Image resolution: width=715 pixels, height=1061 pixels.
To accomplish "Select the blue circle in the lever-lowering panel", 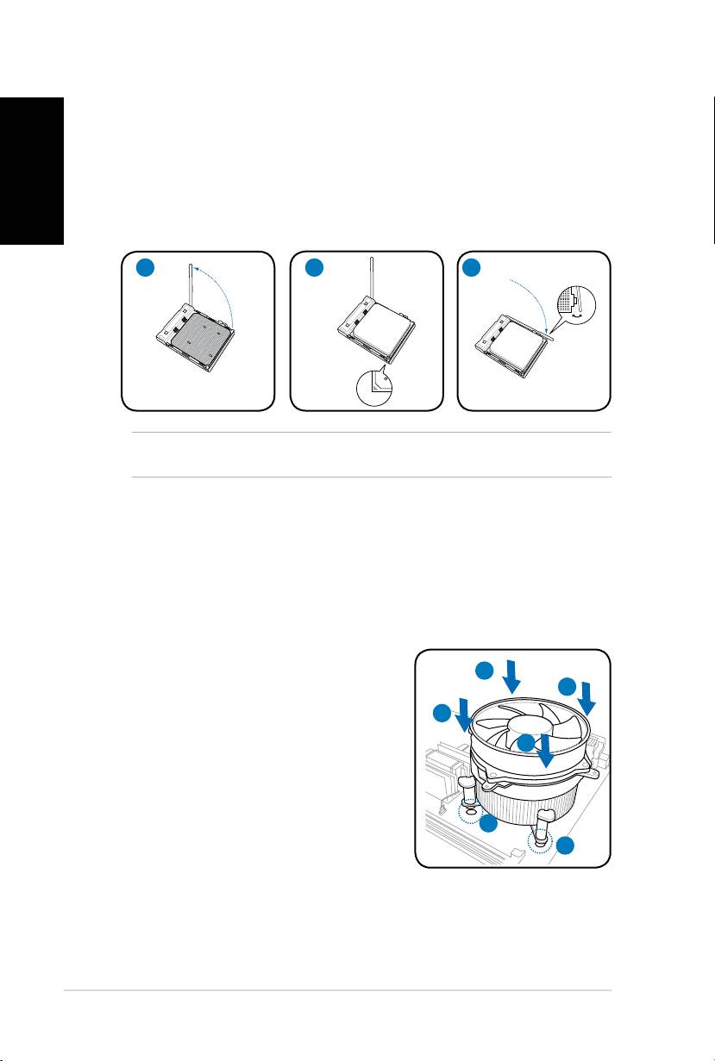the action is click(472, 267).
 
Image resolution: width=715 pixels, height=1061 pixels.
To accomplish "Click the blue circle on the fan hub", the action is click(527, 743).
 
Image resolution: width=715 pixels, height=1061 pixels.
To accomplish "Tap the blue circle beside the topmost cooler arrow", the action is click(486, 670).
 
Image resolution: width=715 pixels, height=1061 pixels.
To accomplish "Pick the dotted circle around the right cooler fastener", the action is click(541, 838).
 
